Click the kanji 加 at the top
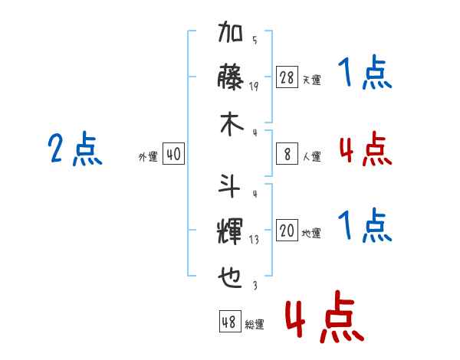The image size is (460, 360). pyautogui.click(x=230, y=31)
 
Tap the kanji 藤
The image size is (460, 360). pyautogui.click(x=230, y=77)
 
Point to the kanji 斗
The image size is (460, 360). pyautogui.click(x=229, y=186)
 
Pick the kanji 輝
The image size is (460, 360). pyautogui.click(x=230, y=231)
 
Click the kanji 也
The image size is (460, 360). pyautogui.click(x=230, y=277)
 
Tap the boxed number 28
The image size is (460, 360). pyautogui.click(x=287, y=77)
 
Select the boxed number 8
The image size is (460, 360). pyautogui.click(x=287, y=154)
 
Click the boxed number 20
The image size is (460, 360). pyautogui.click(x=287, y=230)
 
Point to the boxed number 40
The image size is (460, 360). pyautogui.click(x=173, y=154)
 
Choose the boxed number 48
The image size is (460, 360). pyautogui.click(x=230, y=321)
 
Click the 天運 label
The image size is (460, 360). pyautogui.click(x=311, y=80)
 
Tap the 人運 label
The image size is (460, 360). pyautogui.click(x=312, y=156)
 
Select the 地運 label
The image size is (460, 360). pyautogui.click(x=311, y=233)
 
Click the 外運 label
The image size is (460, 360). pyautogui.click(x=148, y=156)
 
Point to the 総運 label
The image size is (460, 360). pyautogui.click(x=255, y=324)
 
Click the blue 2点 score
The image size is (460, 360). pyautogui.click(x=75, y=149)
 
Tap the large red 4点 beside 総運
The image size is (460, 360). pyautogui.click(x=325, y=316)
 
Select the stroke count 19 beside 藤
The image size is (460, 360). pyautogui.click(x=254, y=87)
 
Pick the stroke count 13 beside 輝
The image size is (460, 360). pyautogui.click(x=254, y=240)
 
